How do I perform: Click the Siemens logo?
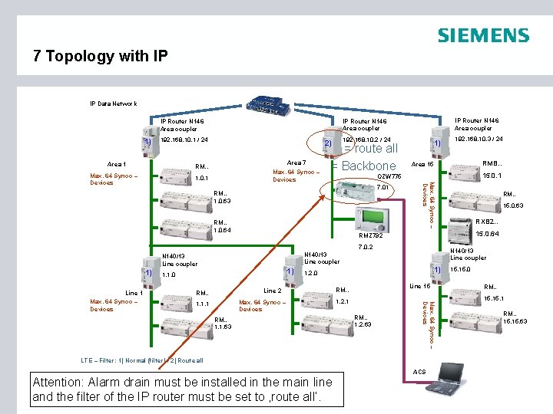pyautogui.click(x=483, y=35)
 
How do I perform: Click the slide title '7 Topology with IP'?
pyautogui.click(x=100, y=56)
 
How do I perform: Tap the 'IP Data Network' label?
pyautogui.click(x=113, y=103)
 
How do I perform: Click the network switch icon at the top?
pyautogui.click(x=268, y=104)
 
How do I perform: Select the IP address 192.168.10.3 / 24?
pyautogui.click(x=478, y=140)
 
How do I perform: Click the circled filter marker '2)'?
pyautogui.click(x=326, y=143)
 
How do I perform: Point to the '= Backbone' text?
pyautogui.click(x=364, y=166)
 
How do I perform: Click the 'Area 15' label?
pyautogui.click(x=422, y=164)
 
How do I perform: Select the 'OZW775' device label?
pyautogui.click(x=390, y=176)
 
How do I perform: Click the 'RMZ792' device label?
pyautogui.click(x=371, y=235)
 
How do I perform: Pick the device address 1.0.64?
pyautogui.click(x=223, y=231)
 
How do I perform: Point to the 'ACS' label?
pyautogui.click(x=419, y=372)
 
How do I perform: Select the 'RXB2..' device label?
pyautogui.click(x=487, y=222)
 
